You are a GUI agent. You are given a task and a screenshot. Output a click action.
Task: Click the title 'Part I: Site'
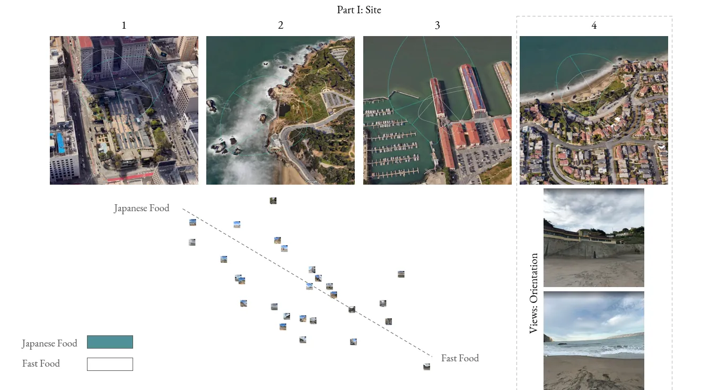pos(359,10)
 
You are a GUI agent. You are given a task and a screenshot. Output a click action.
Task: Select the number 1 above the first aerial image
pos(124,25)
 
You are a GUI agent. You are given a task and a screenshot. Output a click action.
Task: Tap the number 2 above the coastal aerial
pos(281,25)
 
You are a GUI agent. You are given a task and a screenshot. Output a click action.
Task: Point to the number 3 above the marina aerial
pos(437,25)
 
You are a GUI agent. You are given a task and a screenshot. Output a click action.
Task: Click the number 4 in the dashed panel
pos(594,25)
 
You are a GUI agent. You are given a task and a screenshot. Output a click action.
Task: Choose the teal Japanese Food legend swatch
pos(110,342)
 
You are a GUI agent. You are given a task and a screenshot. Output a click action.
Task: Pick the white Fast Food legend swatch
pos(110,364)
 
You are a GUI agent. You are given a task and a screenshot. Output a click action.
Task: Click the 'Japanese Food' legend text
pos(50,343)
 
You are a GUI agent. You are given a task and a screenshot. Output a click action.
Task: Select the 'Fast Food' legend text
pos(41,363)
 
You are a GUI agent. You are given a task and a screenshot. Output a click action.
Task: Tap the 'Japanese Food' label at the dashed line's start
pos(142,208)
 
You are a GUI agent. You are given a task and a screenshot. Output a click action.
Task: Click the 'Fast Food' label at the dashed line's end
pos(460,358)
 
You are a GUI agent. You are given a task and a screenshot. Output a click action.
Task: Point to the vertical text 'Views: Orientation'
pos(533,293)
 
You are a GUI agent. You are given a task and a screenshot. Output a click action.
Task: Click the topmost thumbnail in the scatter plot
pos(273,201)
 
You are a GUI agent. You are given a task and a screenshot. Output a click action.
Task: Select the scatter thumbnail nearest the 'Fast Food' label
pos(427,367)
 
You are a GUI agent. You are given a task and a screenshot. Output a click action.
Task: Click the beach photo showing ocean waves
pos(594,341)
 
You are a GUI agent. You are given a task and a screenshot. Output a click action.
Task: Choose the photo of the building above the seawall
pos(594,237)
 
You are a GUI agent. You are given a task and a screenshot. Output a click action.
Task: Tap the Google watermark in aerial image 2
pos(311,181)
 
